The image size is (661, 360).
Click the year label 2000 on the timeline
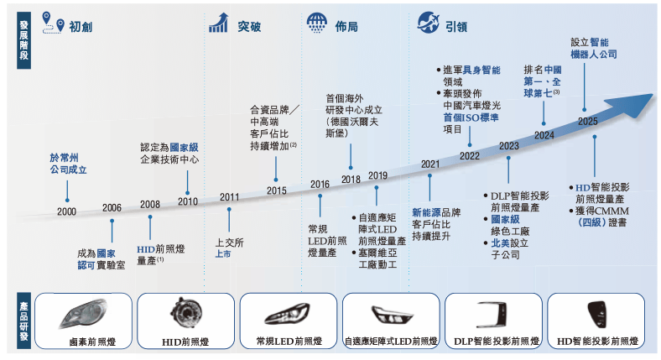tap(67, 211)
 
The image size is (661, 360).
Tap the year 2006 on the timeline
tap(112, 207)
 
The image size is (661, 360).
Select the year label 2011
tap(229, 197)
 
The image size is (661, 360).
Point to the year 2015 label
tap(277, 190)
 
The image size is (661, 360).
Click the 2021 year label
tap(430, 164)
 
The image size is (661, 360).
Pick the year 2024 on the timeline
tap(544, 134)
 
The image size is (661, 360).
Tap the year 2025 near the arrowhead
tap(588, 122)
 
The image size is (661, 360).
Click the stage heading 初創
tap(81, 27)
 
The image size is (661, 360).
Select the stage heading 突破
tap(249, 27)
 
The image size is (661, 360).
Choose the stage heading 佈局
tap(346, 27)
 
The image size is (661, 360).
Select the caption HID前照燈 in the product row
tap(185, 342)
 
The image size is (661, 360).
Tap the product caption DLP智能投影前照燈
tap(497, 342)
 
